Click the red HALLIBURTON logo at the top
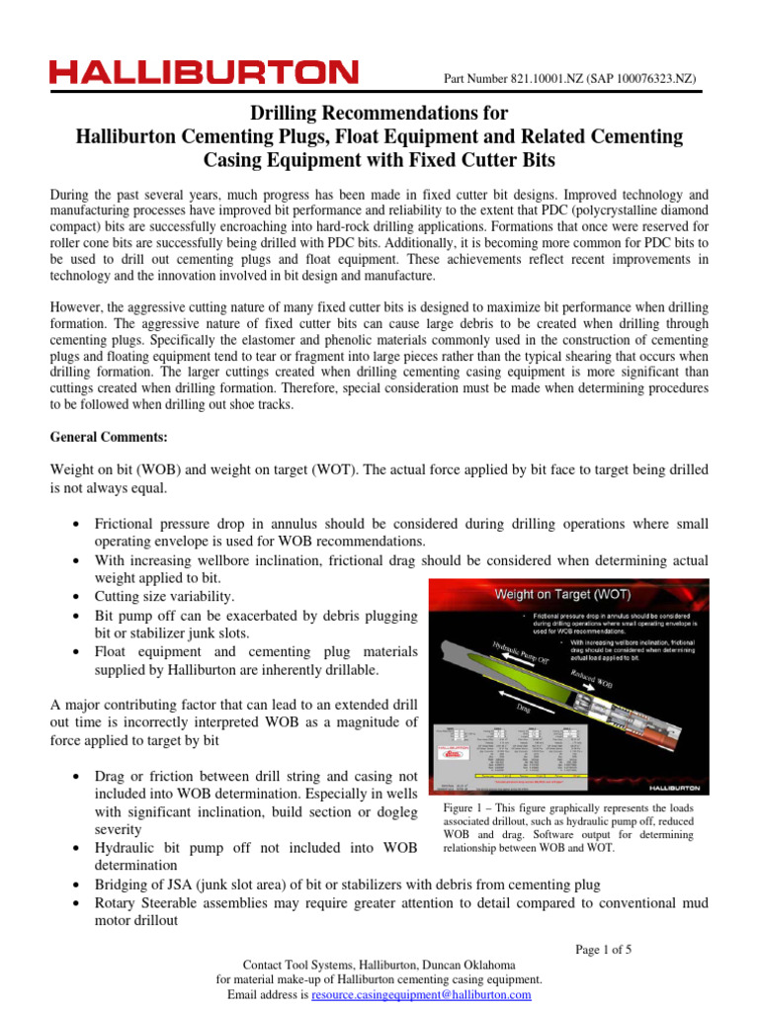click(x=205, y=73)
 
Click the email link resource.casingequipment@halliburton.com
click(x=421, y=995)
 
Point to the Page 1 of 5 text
click(x=603, y=950)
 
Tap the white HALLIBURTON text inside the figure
click(x=670, y=790)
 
